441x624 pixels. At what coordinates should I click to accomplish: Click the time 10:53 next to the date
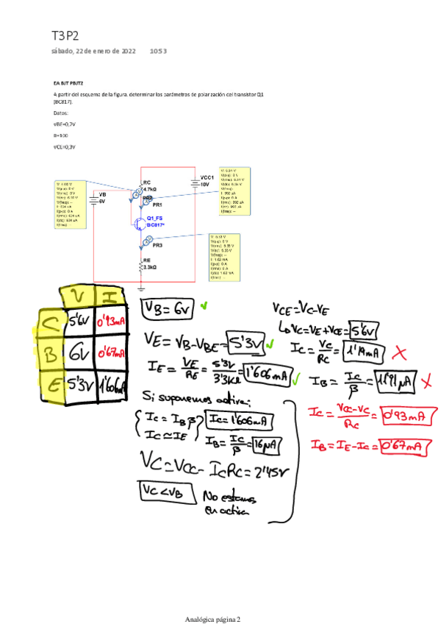[x=158, y=52]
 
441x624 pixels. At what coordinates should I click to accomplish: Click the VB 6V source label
[x=102, y=197]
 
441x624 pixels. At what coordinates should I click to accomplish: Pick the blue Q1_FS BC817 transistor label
[x=155, y=221]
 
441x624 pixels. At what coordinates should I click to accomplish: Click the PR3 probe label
[x=157, y=246]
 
